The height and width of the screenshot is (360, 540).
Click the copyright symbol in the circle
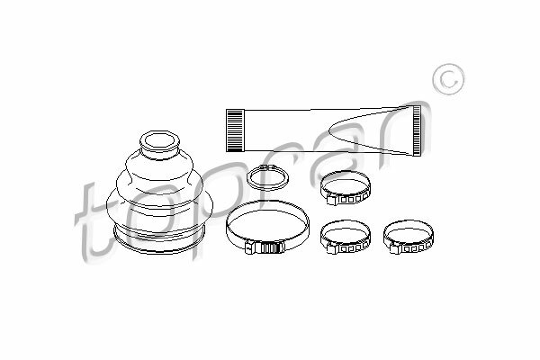point(448,79)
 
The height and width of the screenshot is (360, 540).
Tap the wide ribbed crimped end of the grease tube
point(235,130)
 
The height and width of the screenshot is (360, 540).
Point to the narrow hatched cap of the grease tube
point(417,130)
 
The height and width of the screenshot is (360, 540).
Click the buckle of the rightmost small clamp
point(395,248)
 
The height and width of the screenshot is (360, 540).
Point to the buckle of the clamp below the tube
point(332,199)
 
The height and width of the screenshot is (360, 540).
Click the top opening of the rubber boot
point(160,141)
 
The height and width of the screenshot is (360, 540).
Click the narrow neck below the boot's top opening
point(159,155)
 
